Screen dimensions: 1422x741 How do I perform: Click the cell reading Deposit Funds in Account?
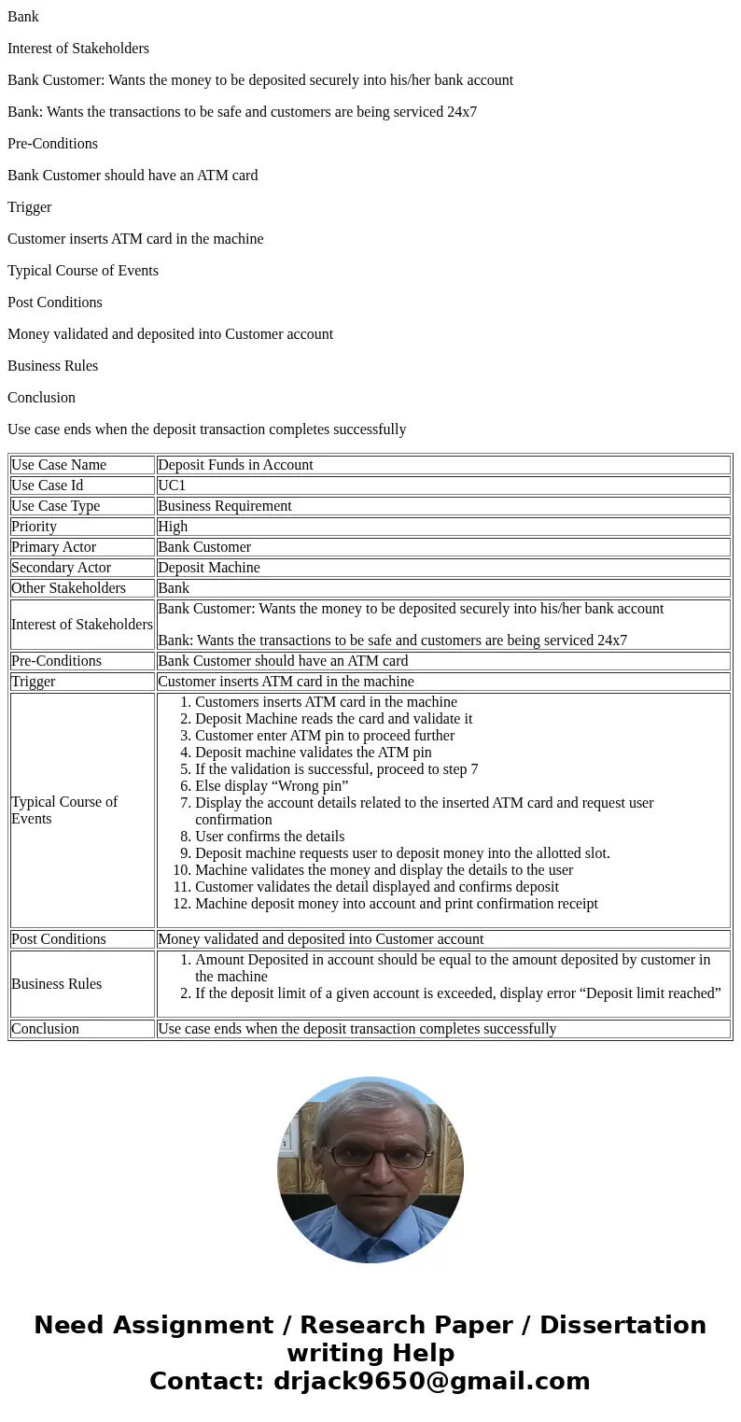tap(235, 465)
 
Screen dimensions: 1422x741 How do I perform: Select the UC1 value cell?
tap(172, 486)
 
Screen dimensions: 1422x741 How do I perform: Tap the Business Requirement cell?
tap(224, 506)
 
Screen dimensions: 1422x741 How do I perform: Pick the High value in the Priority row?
tap(173, 527)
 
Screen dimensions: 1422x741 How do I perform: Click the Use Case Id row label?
tap(47, 486)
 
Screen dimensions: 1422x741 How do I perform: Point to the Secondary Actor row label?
tap(61, 568)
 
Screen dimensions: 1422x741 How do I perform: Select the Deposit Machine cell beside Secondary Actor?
tap(209, 568)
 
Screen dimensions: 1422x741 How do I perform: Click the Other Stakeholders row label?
tap(68, 588)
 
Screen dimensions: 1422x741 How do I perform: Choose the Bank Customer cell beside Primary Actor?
tap(204, 547)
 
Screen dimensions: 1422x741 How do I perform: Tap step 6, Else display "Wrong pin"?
tap(271, 786)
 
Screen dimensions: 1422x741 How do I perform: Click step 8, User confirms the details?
tap(269, 837)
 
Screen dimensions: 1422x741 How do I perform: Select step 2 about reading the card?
tap(333, 719)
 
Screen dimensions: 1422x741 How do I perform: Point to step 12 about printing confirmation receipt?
tap(396, 904)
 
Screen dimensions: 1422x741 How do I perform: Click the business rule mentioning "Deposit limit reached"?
tap(457, 993)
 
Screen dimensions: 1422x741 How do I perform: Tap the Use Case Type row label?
tap(55, 506)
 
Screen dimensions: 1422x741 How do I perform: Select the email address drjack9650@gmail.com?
tap(431, 1381)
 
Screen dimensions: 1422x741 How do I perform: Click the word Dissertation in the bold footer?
tap(622, 1325)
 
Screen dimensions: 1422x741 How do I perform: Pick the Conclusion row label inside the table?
tap(45, 1029)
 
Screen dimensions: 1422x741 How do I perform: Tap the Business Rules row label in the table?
tap(56, 984)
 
